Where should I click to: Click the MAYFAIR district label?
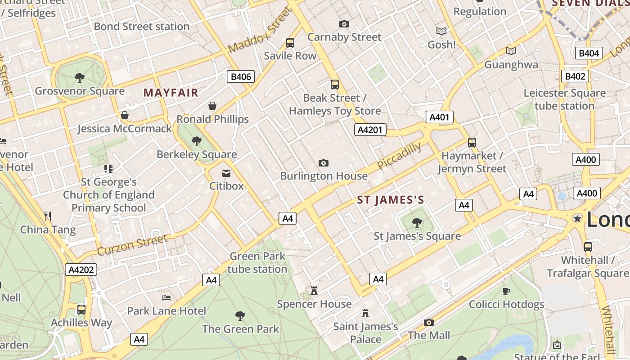[171, 93]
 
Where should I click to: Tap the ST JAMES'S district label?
[391, 200]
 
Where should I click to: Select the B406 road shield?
[240, 76]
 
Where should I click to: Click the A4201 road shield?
[370, 130]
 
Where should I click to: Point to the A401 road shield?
[439, 117]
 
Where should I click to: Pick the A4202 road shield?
[81, 270]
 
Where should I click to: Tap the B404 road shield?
[589, 54]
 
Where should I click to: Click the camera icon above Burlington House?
[323, 163]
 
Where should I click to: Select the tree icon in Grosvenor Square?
[80, 78]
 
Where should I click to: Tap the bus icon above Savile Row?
[290, 43]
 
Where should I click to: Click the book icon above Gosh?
[441, 31]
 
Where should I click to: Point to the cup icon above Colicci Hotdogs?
[506, 291]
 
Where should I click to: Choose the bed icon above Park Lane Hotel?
[166, 297]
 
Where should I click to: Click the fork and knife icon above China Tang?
[48, 216]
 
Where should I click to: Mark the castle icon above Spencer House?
[314, 291]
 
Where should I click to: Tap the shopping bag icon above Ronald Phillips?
[212, 106]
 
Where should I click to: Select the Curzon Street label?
[132, 245]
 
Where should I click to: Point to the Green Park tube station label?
[257, 262]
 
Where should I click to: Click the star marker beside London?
[577, 219]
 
